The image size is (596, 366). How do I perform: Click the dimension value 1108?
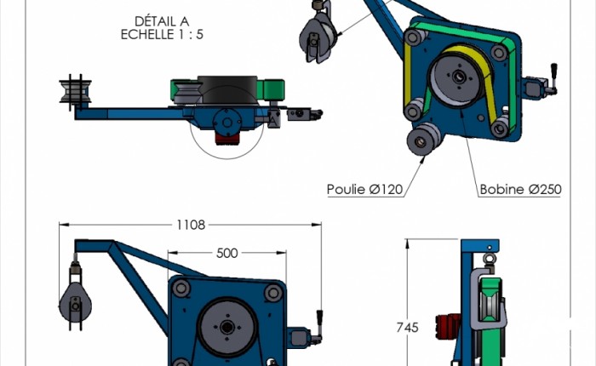coord(191,225)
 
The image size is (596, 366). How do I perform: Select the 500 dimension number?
coord(227,253)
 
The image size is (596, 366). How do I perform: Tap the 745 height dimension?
coord(408,327)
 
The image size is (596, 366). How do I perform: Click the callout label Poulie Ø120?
coord(365,189)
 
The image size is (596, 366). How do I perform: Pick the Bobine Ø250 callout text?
coord(520,189)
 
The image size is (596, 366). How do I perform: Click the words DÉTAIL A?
coord(162,21)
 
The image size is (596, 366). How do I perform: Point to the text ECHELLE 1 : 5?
coord(162,35)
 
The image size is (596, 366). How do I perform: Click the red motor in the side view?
coord(448,327)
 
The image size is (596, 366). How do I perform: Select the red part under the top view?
coord(227,139)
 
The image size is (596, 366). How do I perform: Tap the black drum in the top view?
coord(227,89)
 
